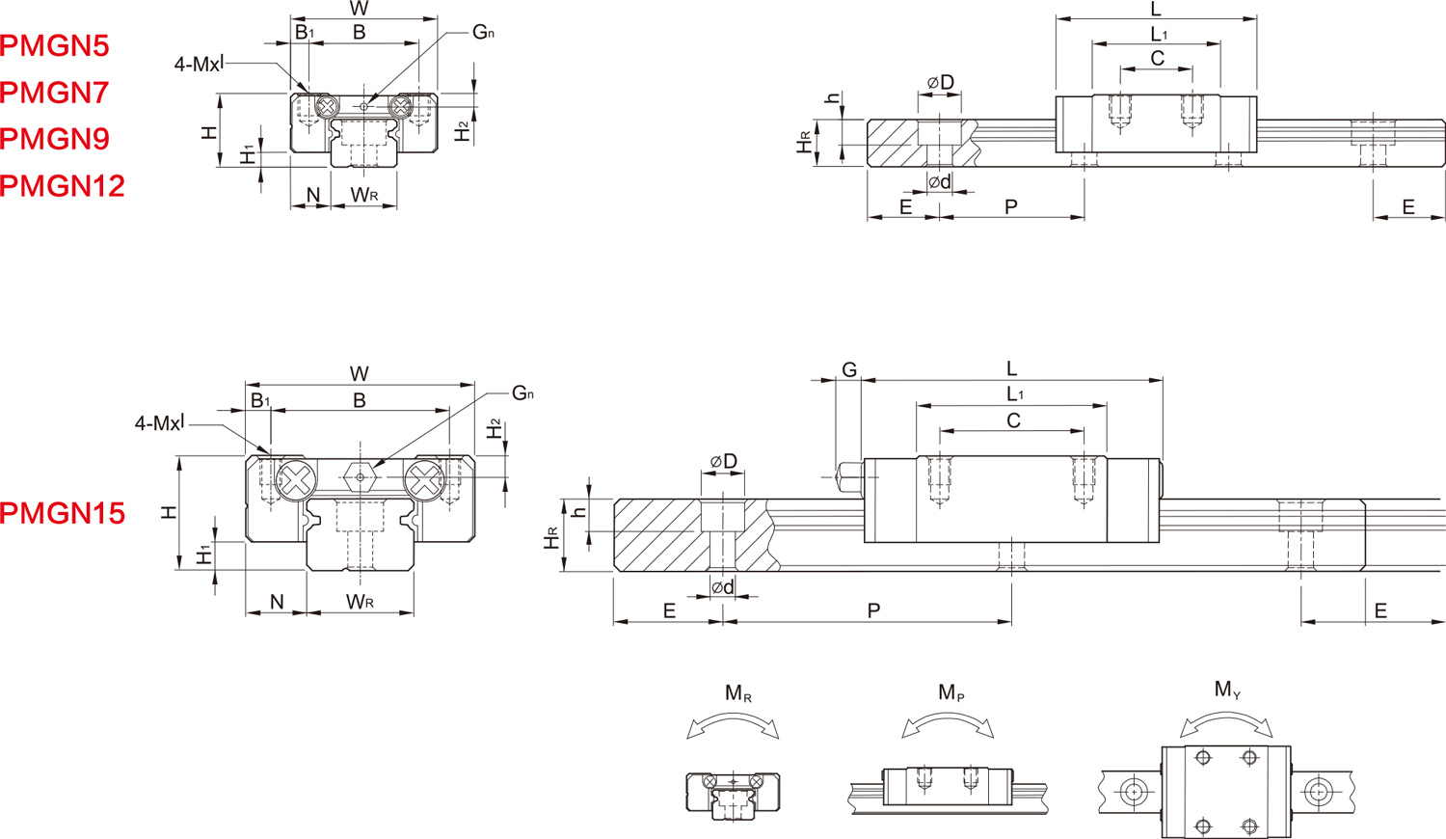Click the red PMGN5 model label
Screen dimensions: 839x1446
pos(55,45)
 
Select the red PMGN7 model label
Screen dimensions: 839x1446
pos(55,92)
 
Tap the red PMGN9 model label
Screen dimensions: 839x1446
pos(55,138)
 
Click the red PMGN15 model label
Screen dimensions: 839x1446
pos(63,512)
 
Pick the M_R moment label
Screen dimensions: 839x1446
pos(737,692)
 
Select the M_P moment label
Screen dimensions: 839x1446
pos(951,692)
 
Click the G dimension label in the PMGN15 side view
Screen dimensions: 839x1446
pos(849,370)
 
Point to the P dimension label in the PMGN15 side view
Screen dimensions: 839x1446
pos(873,610)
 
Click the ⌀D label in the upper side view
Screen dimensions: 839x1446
pos(940,82)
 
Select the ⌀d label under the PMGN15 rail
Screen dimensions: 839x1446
pos(722,587)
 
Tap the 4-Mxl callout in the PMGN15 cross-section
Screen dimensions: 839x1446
pos(160,422)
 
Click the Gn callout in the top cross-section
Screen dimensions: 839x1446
pos(483,32)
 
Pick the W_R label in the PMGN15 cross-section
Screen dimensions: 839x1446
pos(361,603)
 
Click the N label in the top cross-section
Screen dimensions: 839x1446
pos(312,196)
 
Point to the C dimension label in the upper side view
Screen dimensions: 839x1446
pos(1157,59)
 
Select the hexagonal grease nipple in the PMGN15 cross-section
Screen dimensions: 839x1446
pos(360,475)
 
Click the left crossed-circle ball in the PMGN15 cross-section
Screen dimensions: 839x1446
pos(296,479)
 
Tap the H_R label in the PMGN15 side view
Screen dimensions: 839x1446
pos(551,538)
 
